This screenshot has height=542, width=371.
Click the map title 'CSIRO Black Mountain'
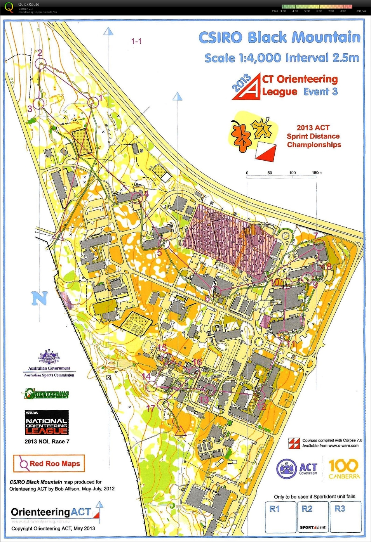pos(279,38)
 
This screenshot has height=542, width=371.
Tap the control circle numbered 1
pos(93,102)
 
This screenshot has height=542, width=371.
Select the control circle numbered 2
pos(40,63)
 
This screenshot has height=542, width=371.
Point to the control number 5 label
pos(159,253)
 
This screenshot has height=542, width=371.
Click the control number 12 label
pos(261,406)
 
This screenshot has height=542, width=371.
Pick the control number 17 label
pos(150,408)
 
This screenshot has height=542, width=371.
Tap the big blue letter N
pos(39,298)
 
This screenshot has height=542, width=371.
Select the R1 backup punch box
pos(280,517)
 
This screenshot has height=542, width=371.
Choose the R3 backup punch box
pos(345,517)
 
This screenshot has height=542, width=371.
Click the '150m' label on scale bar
pos(317,173)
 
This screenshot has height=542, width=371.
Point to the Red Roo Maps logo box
pos(49,464)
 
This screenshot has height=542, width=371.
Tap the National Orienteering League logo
pos(47,423)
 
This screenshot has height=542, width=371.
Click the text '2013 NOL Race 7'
pos(47,442)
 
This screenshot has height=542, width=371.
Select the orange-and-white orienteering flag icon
pos(266,152)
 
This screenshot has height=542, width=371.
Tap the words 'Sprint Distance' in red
pos(313,136)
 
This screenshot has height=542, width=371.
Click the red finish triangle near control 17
pos(179,431)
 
